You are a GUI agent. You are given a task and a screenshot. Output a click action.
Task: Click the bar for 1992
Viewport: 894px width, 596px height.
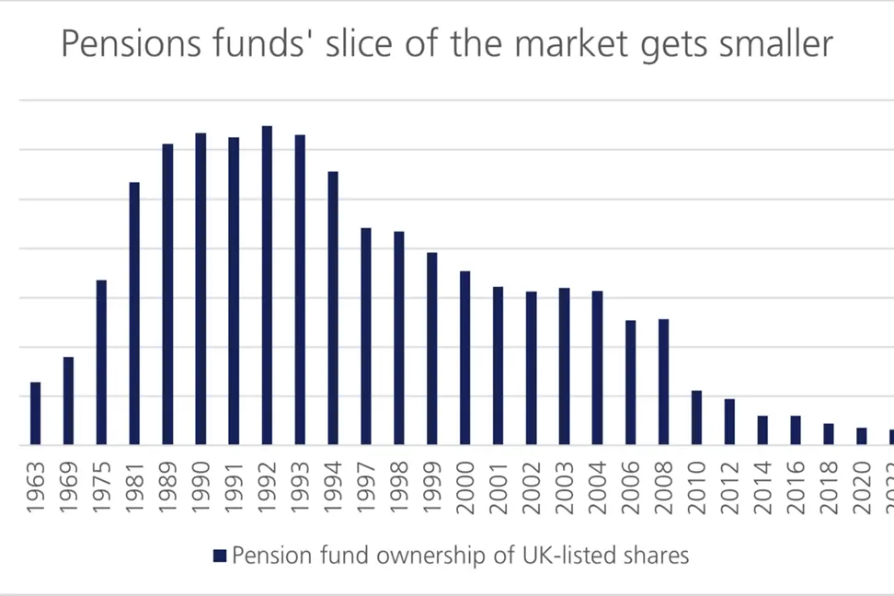[x=267, y=285]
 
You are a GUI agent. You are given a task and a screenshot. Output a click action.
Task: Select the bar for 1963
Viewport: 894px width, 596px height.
[x=36, y=413]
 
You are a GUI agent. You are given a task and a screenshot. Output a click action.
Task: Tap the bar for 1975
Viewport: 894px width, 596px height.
[x=101, y=362]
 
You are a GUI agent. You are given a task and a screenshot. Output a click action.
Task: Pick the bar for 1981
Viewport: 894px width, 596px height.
[x=134, y=314]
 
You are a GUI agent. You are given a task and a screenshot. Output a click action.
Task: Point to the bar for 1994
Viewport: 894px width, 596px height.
[x=333, y=308]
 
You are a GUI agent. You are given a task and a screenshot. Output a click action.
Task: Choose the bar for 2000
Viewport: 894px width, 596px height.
[x=465, y=358]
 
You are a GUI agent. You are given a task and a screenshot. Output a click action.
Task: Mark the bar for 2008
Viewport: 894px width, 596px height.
[x=663, y=382]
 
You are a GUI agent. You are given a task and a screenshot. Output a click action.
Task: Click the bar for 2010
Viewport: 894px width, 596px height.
[x=696, y=418]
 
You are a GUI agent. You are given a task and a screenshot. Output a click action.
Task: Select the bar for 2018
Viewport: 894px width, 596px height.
[x=829, y=434]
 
